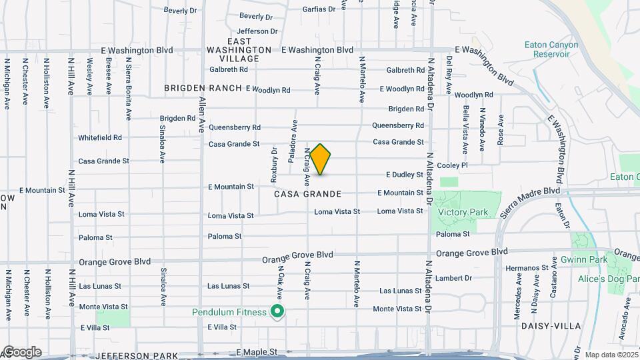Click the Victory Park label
click(463, 213)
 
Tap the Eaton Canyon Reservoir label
click(551, 49)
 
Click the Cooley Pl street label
click(455, 165)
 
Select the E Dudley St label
click(405, 175)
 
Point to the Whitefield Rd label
click(100, 137)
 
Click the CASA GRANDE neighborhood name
click(308, 194)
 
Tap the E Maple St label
click(257, 351)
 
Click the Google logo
click(21, 352)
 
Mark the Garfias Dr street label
click(318, 9)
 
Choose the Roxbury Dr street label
click(274, 165)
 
